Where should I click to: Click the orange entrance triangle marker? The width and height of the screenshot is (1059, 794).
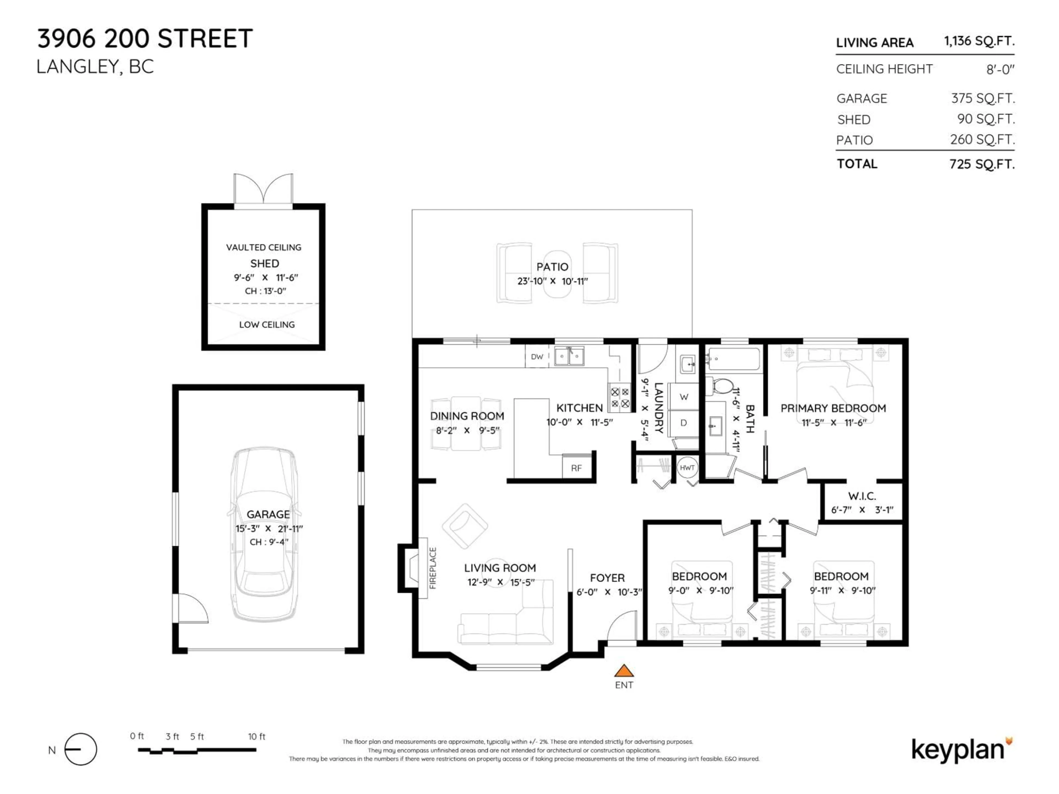(624, 670)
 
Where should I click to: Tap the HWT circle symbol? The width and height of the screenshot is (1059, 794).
(687, 468)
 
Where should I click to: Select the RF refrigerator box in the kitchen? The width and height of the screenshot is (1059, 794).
(576, 468)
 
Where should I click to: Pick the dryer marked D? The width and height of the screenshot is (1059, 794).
(684, 423)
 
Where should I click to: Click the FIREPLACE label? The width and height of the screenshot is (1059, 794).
(433, 568)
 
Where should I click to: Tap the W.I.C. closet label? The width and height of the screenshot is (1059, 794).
(862, 496)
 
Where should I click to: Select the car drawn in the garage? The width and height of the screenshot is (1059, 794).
(264, 534)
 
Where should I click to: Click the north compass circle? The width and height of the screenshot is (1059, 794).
(81, 749)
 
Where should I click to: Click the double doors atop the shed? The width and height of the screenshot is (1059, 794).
(263, 189)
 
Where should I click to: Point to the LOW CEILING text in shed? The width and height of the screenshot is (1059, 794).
(267, 324)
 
